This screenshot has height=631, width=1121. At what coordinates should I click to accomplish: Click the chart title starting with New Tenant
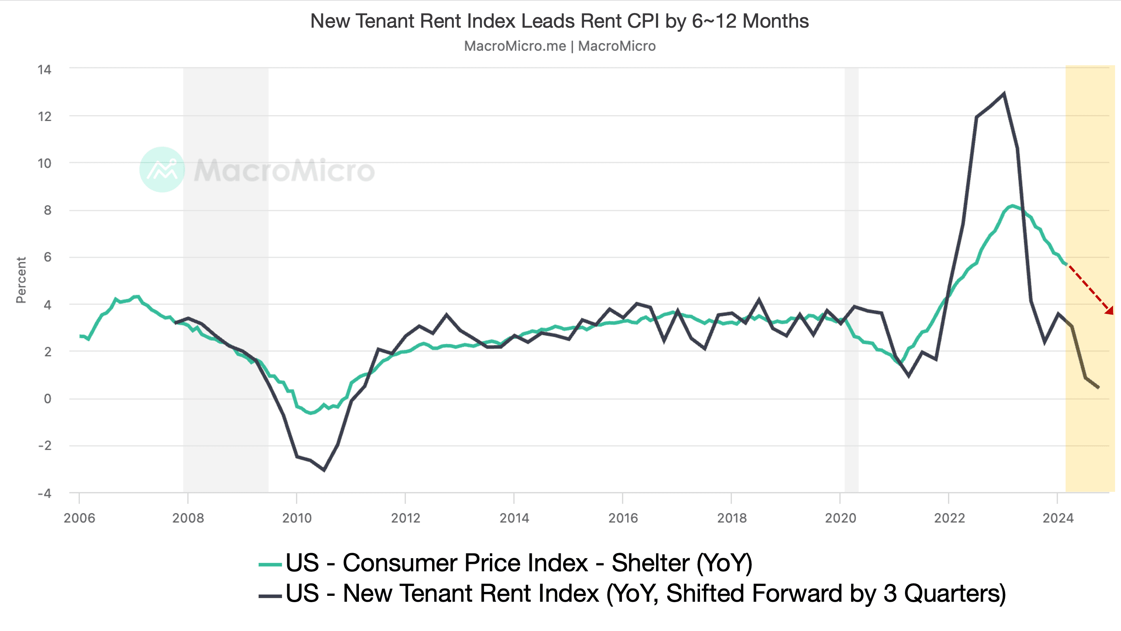[559, 21]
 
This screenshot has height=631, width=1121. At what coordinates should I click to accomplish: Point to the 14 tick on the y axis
[44, 70]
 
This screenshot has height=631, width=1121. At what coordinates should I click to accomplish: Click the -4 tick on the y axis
[44, 493]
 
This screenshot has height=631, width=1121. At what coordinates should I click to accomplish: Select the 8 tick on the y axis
[47, 210]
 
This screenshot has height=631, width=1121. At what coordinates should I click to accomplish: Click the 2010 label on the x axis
[297, 518]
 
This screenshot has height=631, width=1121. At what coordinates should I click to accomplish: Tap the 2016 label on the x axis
[623, 518]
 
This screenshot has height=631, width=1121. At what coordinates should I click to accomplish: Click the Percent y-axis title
[21, 280]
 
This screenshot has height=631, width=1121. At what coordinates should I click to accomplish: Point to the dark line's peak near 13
[1004, 93]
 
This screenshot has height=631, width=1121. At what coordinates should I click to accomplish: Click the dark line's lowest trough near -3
[324, 470]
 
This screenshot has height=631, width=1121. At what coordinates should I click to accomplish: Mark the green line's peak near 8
[1013, 206]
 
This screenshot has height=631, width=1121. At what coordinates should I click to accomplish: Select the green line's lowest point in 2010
[311, 413]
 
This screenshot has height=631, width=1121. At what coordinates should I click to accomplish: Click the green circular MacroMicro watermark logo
[162, 170]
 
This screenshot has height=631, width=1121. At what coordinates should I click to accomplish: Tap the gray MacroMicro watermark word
[284, 170]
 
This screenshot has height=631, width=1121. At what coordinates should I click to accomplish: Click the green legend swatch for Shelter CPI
[270, 565]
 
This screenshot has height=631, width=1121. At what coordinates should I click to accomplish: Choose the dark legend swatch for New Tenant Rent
[270, 595]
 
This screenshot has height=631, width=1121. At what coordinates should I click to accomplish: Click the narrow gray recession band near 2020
[851, 278]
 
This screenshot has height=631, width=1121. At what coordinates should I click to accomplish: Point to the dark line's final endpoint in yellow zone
[1098, 387]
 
